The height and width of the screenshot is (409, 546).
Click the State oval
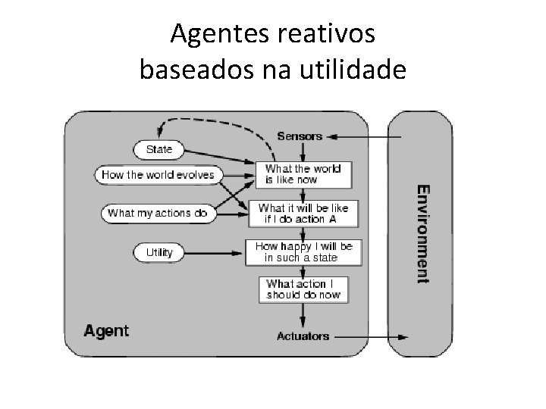pos(159,149)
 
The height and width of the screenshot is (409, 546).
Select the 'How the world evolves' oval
pos(158,175)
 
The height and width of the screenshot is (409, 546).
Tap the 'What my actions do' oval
pos(158,213)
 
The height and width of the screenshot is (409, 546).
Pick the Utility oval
pos(159,252)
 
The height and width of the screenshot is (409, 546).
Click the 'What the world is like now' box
pos(303,174)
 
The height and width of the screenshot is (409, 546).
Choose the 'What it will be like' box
pos(303,214)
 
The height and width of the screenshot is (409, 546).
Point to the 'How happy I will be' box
pos(303,252)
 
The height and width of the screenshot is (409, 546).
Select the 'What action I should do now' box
pos(303,289)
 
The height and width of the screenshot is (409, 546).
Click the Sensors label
pos(300,136)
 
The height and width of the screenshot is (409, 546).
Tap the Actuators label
pos(303,336)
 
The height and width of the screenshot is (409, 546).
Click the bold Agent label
pos(106,331)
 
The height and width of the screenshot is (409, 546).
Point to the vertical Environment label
pos(424,233)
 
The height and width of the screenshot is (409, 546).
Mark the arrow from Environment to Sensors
pos(368,137)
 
